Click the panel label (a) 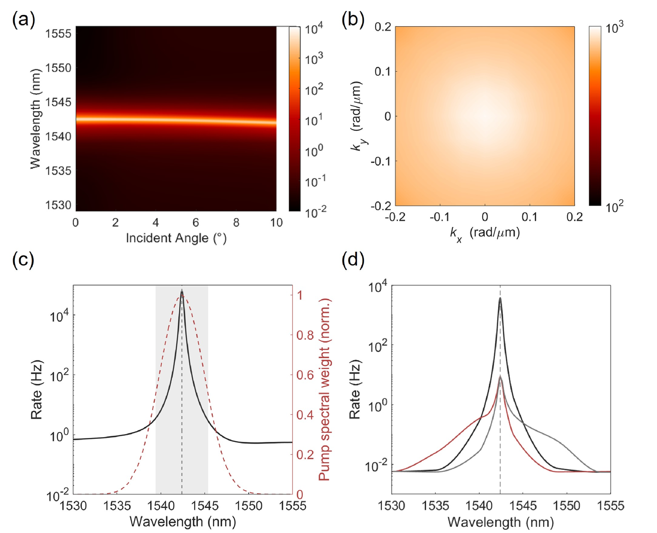coord(23,21)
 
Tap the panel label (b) coord(353,21)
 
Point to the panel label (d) coord(353,260)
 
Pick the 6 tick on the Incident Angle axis coord(196,222)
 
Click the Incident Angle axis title coord(176,238)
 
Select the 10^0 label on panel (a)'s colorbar coord(314,151)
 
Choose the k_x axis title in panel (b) coord(484,233)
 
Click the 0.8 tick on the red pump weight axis coord(305,335)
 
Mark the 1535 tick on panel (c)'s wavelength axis coord(117,506)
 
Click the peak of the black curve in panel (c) coord(182,291)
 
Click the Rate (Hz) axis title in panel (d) coord(355,391)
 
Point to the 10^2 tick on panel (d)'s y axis coord(378,346)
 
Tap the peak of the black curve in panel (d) coord(500,298)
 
